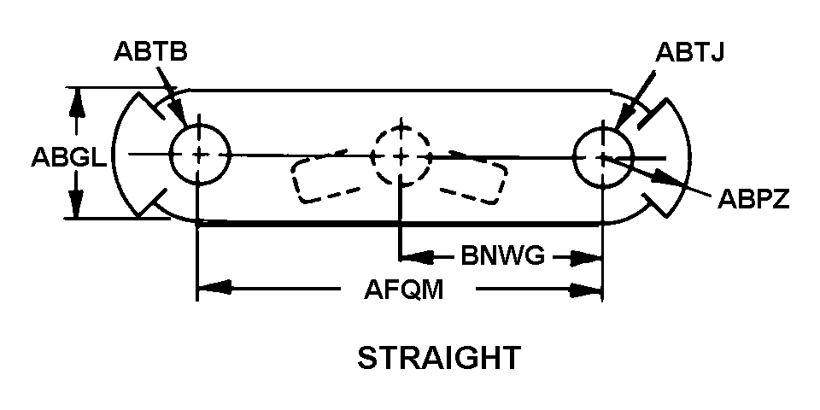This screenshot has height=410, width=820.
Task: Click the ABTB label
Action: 150,52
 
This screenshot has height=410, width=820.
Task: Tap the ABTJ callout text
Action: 689,52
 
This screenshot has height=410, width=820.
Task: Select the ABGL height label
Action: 68,157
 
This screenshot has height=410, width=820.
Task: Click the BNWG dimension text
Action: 503,257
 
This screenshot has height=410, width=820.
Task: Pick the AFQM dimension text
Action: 404,290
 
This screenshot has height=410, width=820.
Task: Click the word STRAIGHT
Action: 439,357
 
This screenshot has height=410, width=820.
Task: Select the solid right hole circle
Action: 574,156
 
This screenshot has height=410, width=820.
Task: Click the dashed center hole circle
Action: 372,155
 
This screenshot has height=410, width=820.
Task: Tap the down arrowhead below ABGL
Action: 77,206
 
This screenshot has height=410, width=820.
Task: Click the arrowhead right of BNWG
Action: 586,257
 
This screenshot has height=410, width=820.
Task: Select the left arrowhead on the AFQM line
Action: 215,288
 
